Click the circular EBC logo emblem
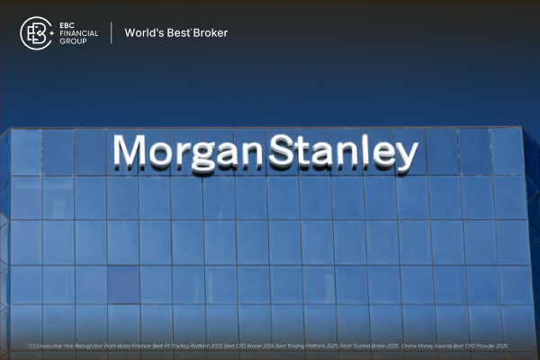(36, 33)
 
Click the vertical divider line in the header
(112, 33)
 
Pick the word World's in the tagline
(143, 33)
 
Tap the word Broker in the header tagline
(212, 33)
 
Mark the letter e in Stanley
(383, 156)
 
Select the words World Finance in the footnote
(141, 346)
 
